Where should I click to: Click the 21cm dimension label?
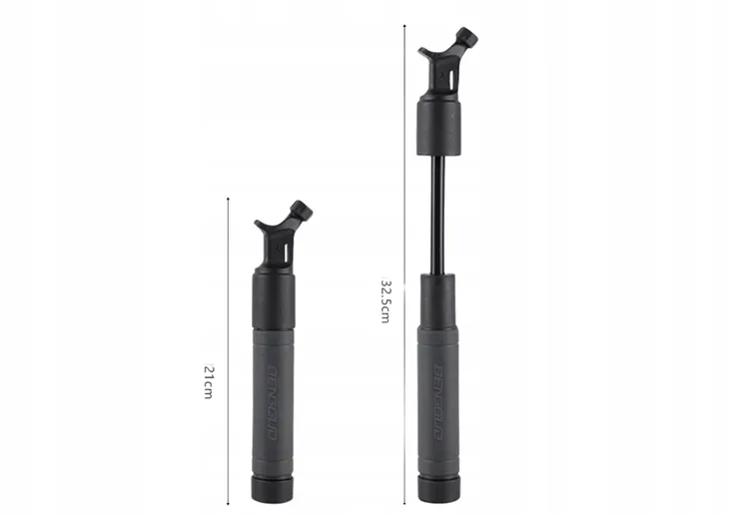coord(209,382)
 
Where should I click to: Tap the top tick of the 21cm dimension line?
coord(229,197)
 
